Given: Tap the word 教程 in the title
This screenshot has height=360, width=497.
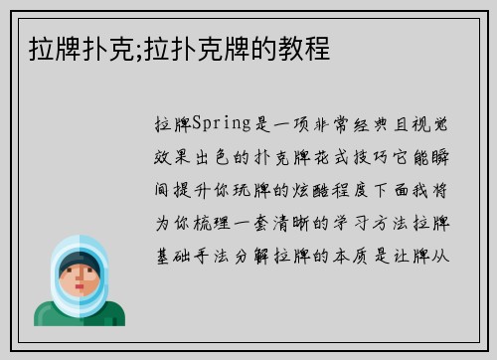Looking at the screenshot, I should pos(309,47).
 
